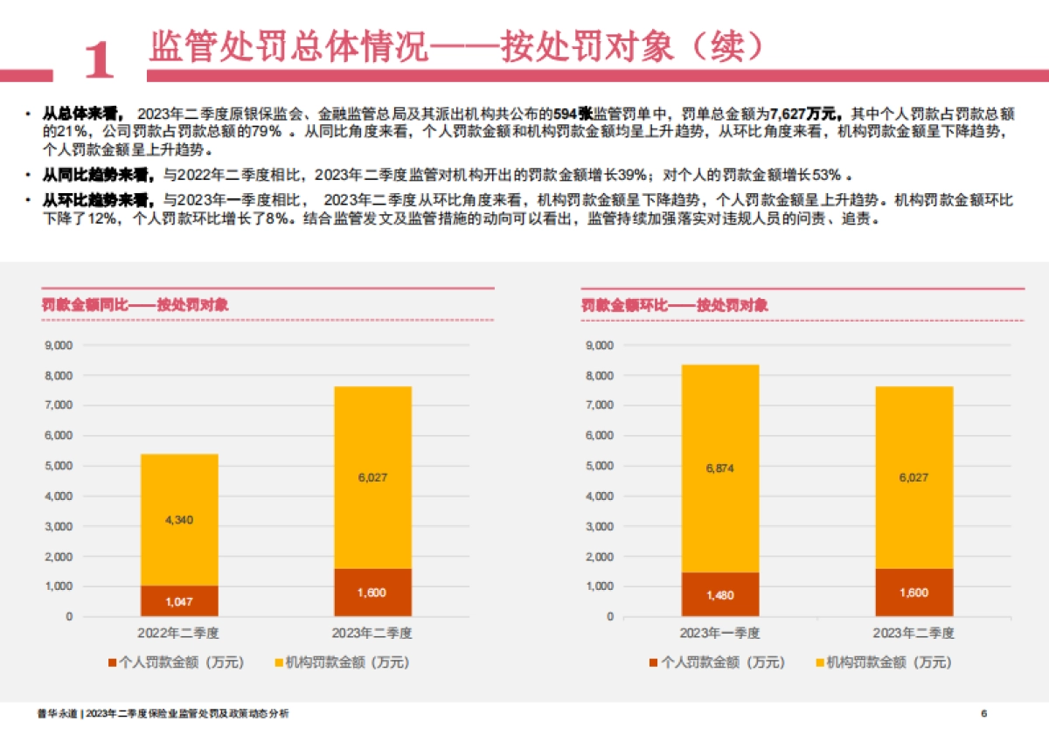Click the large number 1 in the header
[x=99, y=59]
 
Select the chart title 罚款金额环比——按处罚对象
[x=674, y=305]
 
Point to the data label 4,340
[x=179, y=520]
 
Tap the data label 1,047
[x=179, y=601]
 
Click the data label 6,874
[x=719, y=468]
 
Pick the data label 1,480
[x=719, y=595]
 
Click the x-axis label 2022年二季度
[x=179, y=633]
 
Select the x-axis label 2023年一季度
[x=719, y=633]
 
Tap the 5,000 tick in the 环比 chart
[x=599, y=466]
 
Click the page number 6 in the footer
[x=984, y=714]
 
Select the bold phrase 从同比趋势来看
[x=96, y=173]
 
